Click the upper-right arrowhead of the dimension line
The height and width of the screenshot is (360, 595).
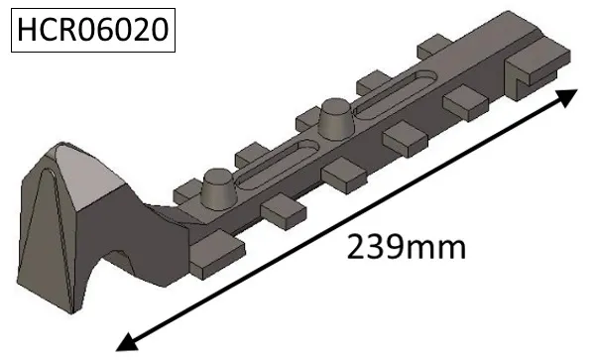[x=566, y=96]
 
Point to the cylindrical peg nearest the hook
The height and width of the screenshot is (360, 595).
[x=216, y=186]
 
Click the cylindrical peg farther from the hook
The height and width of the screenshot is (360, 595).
[x=334, y=120]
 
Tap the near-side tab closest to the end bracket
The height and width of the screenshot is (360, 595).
[x=463, y=101]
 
